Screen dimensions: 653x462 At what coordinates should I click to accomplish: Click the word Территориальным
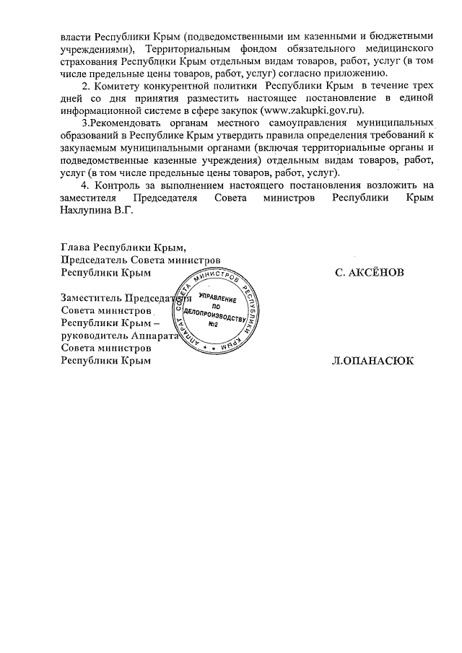(x=190, y=48)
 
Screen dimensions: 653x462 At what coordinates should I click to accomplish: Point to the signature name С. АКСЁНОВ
(x=370, y=273)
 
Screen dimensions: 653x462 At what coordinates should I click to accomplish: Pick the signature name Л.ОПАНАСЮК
(x=372, y=361)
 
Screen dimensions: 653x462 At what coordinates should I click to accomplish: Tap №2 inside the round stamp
(x=214, y=323)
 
